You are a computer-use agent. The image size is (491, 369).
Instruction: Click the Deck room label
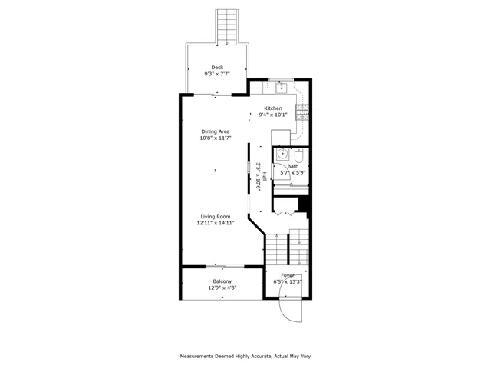[x=217, y=68]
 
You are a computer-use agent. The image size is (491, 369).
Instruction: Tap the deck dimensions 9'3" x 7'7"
[x=217, y=75]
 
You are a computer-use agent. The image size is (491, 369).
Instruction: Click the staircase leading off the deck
[x=226, y=22]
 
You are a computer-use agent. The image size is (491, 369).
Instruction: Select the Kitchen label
[x=273, y=108]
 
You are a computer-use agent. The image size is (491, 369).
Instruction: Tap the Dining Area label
[x=216, y=131]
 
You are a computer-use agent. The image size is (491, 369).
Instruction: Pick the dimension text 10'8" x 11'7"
[x=216, y=138]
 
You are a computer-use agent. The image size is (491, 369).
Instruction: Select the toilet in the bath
[x=299, y=156]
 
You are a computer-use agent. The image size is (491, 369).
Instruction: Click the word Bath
[x=293, y=166]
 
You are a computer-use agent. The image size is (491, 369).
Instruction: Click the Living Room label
[x=216, y=217]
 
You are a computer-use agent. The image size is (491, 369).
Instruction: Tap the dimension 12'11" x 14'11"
[x=216, y=224]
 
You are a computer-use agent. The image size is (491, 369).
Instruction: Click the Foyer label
[x=288, y=275]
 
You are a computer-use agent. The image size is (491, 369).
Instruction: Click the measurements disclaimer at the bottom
[x=245, y=356]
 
